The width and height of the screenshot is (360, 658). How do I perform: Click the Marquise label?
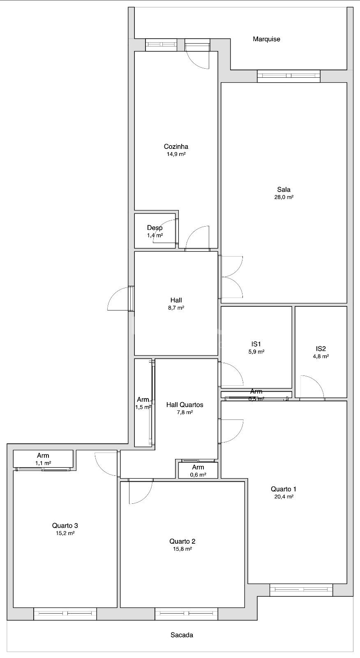point(266,39)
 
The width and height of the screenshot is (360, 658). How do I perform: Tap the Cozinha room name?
point(176,146)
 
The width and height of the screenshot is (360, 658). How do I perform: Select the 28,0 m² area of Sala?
point(284,197)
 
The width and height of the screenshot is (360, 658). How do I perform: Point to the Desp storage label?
point(155,228)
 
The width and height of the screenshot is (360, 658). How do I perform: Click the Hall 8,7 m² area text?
point(176,308)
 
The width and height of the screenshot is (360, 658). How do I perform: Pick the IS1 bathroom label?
point(256,344)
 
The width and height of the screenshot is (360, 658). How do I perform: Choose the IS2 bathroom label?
point(321,349)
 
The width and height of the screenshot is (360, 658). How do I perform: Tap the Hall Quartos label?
point(185,405)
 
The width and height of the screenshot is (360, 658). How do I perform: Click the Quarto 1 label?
point(284,489)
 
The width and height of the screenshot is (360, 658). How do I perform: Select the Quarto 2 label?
point(182,541)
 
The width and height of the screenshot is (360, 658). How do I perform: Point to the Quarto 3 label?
point(65,526)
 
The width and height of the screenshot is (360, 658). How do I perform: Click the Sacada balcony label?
point(182,635)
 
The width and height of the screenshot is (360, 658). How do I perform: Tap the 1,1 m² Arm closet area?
point(43,463)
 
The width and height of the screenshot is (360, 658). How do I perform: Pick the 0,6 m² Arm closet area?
point(198,475)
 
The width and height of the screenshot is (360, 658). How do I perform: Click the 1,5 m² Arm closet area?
point(143,407)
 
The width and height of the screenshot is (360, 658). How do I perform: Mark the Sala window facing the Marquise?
point(288,76)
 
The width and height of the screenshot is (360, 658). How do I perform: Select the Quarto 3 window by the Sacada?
point(65,614)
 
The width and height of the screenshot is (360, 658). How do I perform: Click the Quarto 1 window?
point(301,590)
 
